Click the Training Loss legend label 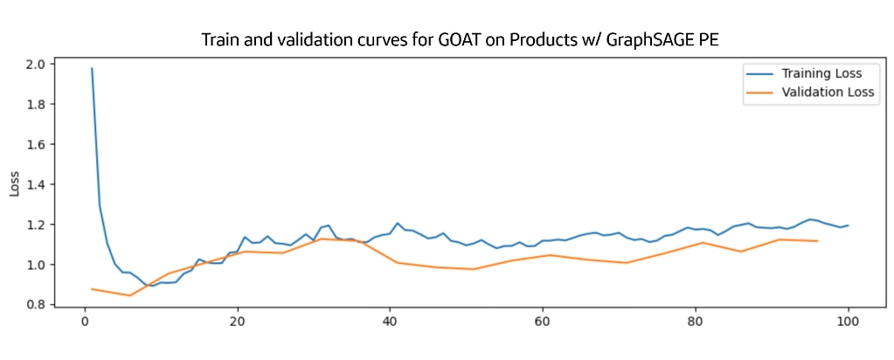(x=821, y=73)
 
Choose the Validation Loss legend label (x=828, y=91)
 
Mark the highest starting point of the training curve (x=92, y=68)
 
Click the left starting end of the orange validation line (x=92, y=288)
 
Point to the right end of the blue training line (x=847, y=225)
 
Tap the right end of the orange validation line (x=816, y=241)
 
